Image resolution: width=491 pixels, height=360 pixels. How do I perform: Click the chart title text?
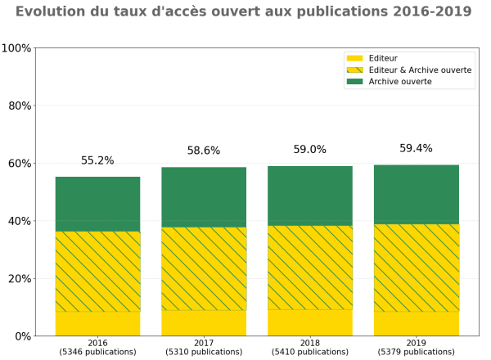[x=243, y=11]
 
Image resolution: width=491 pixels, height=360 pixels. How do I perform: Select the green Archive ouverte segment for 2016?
[x=97, y=204]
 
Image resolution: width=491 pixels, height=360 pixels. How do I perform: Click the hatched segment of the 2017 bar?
[x=204, y=268]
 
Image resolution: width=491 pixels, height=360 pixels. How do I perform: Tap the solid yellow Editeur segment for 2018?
[x=310, y=322]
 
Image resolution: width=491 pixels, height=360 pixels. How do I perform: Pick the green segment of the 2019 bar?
[x=417, y=194]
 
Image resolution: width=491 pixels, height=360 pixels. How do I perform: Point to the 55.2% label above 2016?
[x=97, y=161]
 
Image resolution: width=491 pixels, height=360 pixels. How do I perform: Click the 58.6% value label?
[x=204, y=151]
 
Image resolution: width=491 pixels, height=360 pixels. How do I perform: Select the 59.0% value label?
[x=310, y=150]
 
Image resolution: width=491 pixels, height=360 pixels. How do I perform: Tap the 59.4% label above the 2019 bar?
[x=417, y=149]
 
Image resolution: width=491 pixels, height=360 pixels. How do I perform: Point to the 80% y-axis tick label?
[x=19, y=106]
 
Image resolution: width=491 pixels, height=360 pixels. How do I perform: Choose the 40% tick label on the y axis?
[x=19, y=221]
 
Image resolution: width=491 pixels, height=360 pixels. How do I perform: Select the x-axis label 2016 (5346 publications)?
[x=97, y=348]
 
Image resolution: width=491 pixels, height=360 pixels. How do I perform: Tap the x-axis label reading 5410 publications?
[x=310, y=353]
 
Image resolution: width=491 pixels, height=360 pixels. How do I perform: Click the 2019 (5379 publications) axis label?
[x=417, y=348]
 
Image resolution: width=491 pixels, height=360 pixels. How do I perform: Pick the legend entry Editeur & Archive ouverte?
[x=420, y=70]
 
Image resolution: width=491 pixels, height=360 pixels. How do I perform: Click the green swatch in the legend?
[x=354, y=82]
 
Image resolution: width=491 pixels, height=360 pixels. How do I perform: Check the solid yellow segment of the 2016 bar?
[x=97, y=323]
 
